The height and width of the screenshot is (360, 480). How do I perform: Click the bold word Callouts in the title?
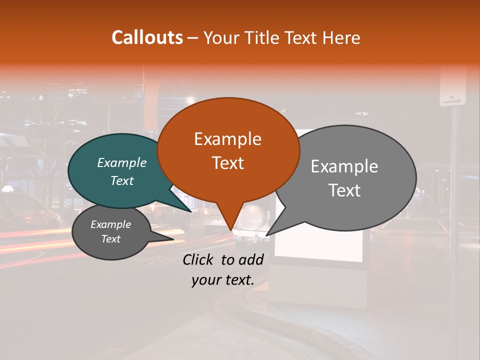point(147,37)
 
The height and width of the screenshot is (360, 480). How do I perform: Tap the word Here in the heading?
point(342,37)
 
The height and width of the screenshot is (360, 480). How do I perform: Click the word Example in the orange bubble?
point(227,139)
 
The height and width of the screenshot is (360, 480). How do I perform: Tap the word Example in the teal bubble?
point(122,163)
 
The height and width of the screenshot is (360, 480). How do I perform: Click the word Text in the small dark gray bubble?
point(111,239)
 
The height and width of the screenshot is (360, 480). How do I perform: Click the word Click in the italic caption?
point(198,259)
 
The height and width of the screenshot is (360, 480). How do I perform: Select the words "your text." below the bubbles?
point(222,280)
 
